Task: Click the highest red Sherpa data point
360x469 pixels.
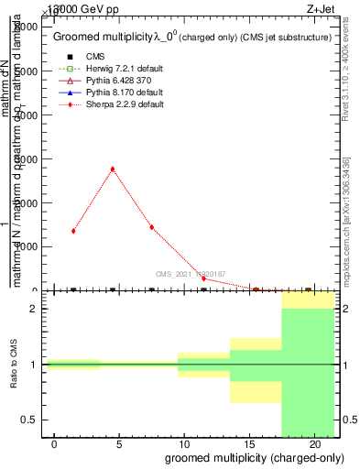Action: tap(112, 169)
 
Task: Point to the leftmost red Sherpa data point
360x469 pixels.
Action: tap(73, 231)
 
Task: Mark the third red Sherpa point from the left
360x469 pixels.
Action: tap(151, 227)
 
